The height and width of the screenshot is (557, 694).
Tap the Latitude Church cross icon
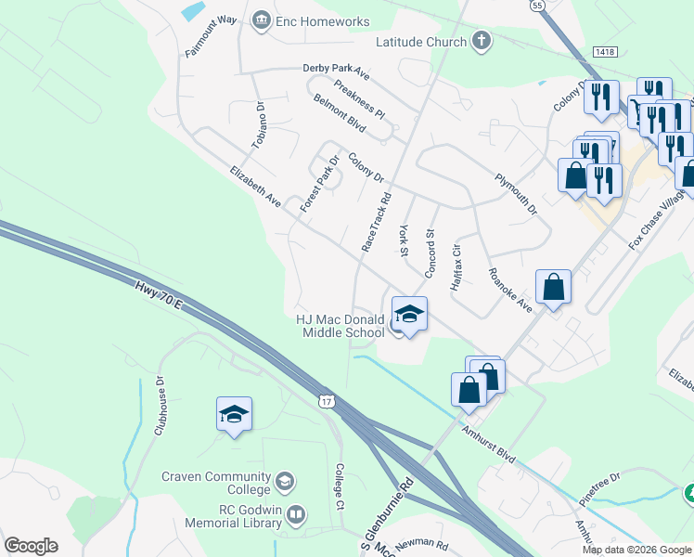click(481, 42)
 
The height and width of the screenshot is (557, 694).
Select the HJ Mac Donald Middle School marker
click(408, 316)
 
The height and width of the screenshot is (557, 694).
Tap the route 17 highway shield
click(324, 400)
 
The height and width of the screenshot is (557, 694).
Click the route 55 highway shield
click(537, 6)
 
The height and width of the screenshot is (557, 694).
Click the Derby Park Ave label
click(336, 70)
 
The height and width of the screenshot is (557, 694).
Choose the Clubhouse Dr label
click(160, 405)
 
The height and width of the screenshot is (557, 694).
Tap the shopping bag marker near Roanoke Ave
click(554, 289)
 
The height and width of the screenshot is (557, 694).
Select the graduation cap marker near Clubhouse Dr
click(234, 415)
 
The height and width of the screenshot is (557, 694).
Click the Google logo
click(32, 546)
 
